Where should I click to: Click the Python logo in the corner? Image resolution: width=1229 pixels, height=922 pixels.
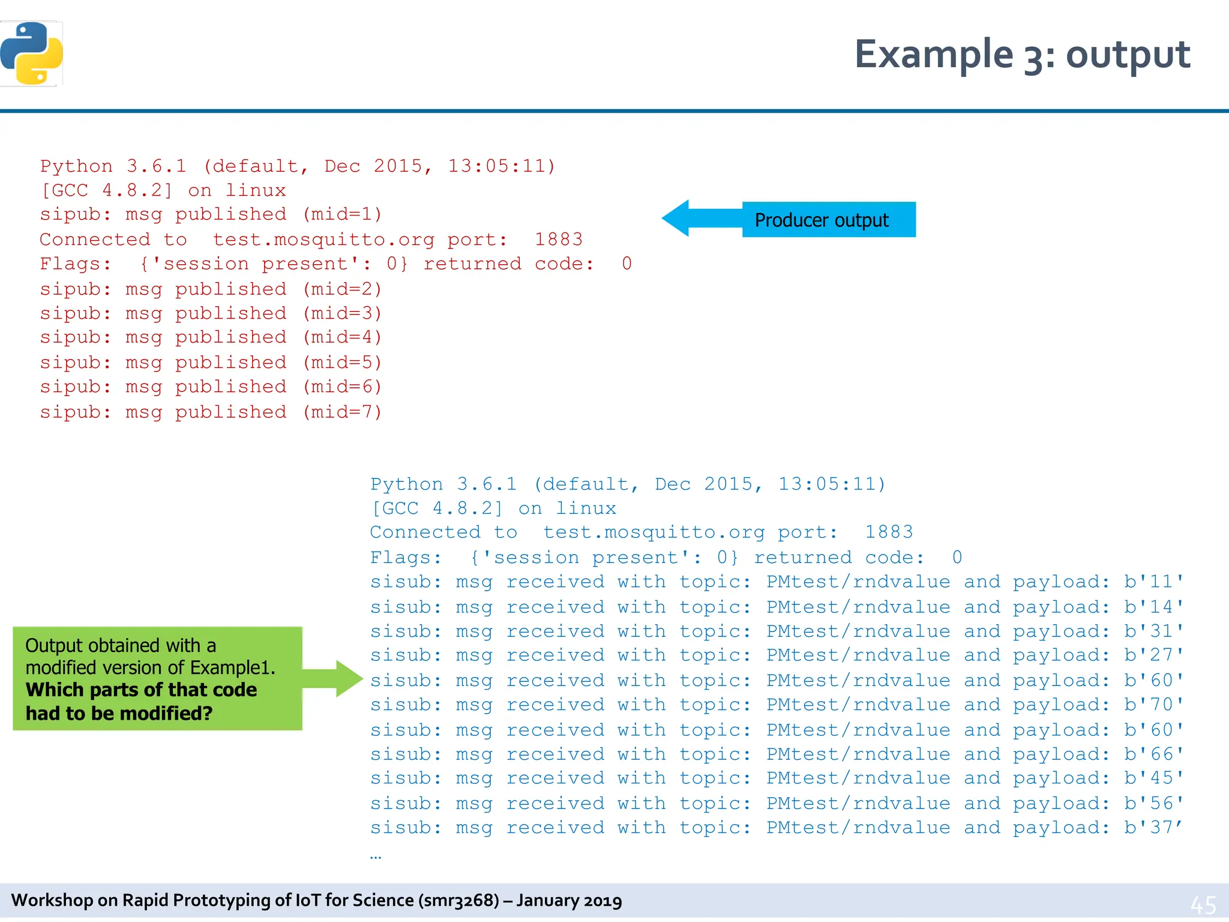pyautogui.click(x=32, y=54)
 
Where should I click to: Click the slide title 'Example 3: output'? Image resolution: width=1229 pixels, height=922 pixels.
pyautogui.click(x=1022, y=55)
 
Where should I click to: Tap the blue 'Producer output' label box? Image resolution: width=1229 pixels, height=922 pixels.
pyautogui.click(x=828, y=220)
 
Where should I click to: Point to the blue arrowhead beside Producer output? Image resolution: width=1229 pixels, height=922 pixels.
pyautogui.click(x=678, y=218)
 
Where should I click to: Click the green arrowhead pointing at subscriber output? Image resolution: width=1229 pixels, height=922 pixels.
pyautogui.click(x=348, y=678)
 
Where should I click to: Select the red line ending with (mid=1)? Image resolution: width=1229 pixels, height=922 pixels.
pyautogui.click(x=211, y=215)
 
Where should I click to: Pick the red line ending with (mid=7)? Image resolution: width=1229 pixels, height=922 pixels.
pyautogui.click(x=211, y=412)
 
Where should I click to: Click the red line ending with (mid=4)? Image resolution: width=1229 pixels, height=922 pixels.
pyautogui.click(x=211, y=337)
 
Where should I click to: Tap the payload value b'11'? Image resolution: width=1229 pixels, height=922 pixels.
pyautogui.click(x=1154, y=582)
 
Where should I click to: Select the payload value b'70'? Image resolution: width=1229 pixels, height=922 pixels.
pyautogui.click(x=1154, y=705)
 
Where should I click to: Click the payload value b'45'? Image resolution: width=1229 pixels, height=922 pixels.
pyautogui.click(x=1154, y=779)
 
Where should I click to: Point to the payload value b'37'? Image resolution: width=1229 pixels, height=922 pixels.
pyautogui.click(x=1154, y=828)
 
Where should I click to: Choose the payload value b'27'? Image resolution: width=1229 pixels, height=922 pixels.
pyautogui.click(x=1154, y=655)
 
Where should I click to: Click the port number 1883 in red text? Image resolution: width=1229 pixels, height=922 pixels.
pyautogui.click(x=559, y=240)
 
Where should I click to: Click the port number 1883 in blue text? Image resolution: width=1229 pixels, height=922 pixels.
pyautogui.click(x=889, y=532)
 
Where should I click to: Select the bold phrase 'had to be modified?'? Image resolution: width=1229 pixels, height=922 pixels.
pyautogui.click(x=119, y=714)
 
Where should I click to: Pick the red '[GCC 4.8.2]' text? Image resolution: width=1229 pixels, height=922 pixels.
pyautogui.click(x=106, y=191)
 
